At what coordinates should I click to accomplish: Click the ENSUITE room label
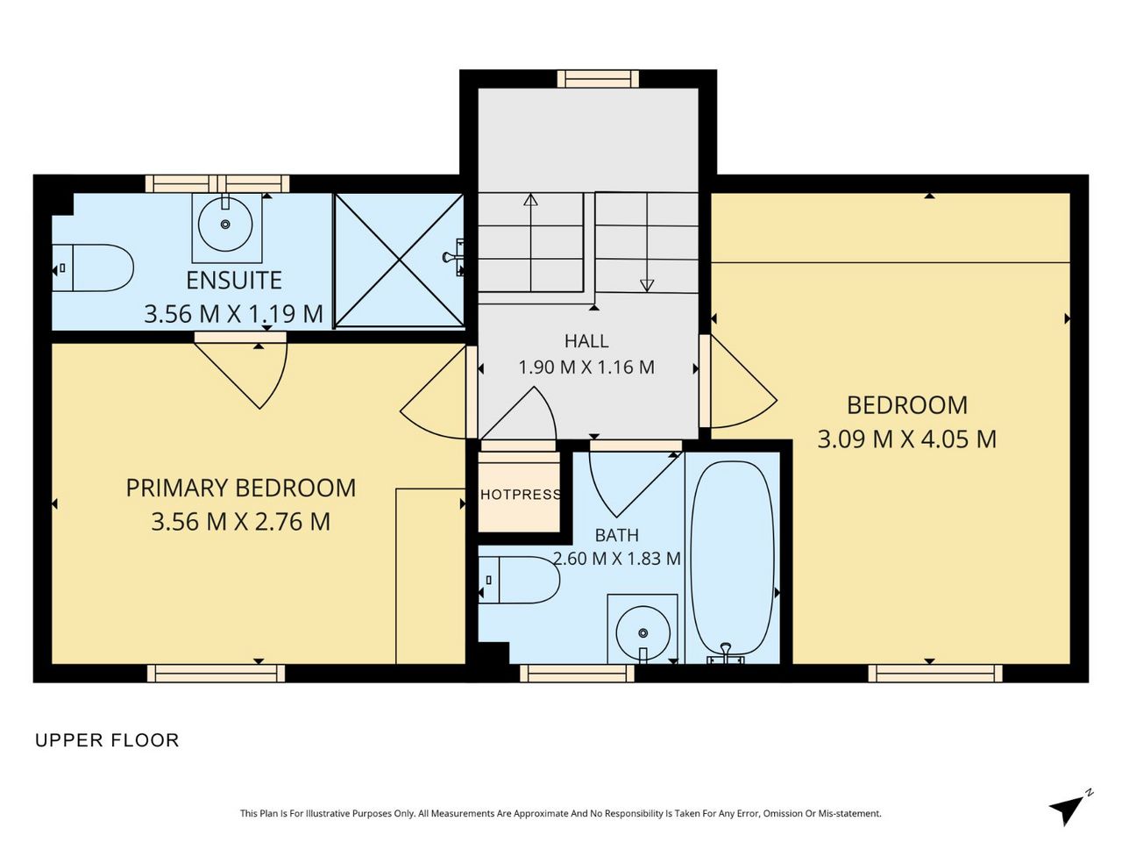[233, 280]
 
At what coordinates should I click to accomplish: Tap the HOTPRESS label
[521, 495]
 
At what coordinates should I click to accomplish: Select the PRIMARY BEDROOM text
[241, 488]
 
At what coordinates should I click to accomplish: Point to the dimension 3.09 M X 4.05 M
[906, 439]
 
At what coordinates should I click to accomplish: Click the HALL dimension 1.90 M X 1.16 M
[586, 367]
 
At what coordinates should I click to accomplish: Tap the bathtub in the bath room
[733, 559]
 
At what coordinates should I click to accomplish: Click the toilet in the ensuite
[93, 268]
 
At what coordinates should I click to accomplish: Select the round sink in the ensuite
[225, 224]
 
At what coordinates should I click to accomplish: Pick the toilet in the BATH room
[519, 580]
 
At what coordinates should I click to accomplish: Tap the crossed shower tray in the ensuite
[399, 260]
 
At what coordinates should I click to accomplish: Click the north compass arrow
[1068, 810]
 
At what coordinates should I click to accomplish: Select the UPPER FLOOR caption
[107, 740]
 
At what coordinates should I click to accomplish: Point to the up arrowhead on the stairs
[530, 199]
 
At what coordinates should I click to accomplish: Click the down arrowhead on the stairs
[647, 285]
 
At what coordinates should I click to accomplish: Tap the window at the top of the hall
[598, 79]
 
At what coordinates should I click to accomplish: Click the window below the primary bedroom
[216, 674]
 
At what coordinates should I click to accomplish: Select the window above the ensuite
[217, 183]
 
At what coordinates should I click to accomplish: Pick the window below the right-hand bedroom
[935, 674]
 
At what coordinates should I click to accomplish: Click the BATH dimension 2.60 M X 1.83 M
[617, 559]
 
